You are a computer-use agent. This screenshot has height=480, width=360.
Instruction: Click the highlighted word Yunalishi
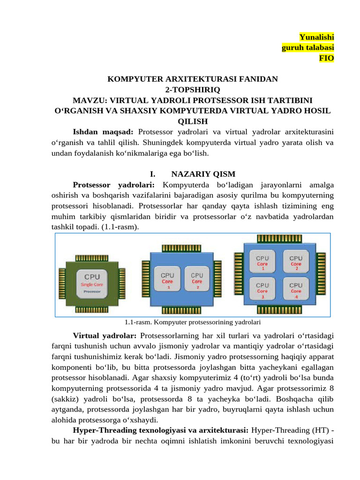click(317, 37)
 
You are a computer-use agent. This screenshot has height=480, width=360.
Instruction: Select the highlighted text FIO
click(326, 58)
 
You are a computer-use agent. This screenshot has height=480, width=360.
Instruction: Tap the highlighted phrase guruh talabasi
click(307, 47)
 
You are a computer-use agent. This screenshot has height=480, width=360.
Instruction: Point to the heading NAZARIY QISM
click(203, 174)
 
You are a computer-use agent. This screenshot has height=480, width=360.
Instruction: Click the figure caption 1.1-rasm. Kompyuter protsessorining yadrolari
click(193, 322)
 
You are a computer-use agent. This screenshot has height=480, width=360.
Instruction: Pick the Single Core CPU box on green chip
click(92, 284)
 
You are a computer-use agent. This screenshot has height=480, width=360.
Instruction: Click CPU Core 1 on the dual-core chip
click(168, 281)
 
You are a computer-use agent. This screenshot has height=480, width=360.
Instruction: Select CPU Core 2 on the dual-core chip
click(197, 281)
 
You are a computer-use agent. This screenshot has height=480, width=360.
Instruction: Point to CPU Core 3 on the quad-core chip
click(262, 290)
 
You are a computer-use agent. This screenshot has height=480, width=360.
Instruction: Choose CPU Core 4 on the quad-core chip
click(296, 290)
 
